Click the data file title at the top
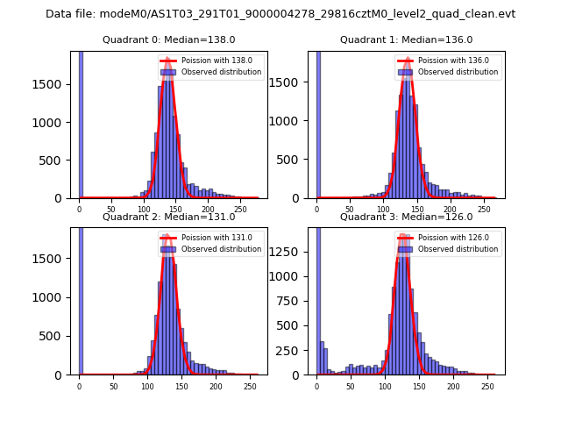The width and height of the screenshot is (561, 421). (x=280, y=14)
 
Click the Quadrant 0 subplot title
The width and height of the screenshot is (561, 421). (x=168, y=39)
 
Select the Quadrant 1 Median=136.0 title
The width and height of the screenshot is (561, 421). (x=406, y=39)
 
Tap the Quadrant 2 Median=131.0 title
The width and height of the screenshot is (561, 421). (x=168, y=217)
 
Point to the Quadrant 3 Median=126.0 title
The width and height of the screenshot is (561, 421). (x=406, y=217)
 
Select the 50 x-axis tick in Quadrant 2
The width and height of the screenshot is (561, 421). (x=113, y=387)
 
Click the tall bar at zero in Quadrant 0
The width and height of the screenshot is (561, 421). (x=80, y=123)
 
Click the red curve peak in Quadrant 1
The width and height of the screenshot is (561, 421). (x=407, y=61)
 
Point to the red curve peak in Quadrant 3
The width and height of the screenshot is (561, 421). (x=402, y=238)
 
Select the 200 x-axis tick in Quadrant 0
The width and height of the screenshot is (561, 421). (x=208, y=210)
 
